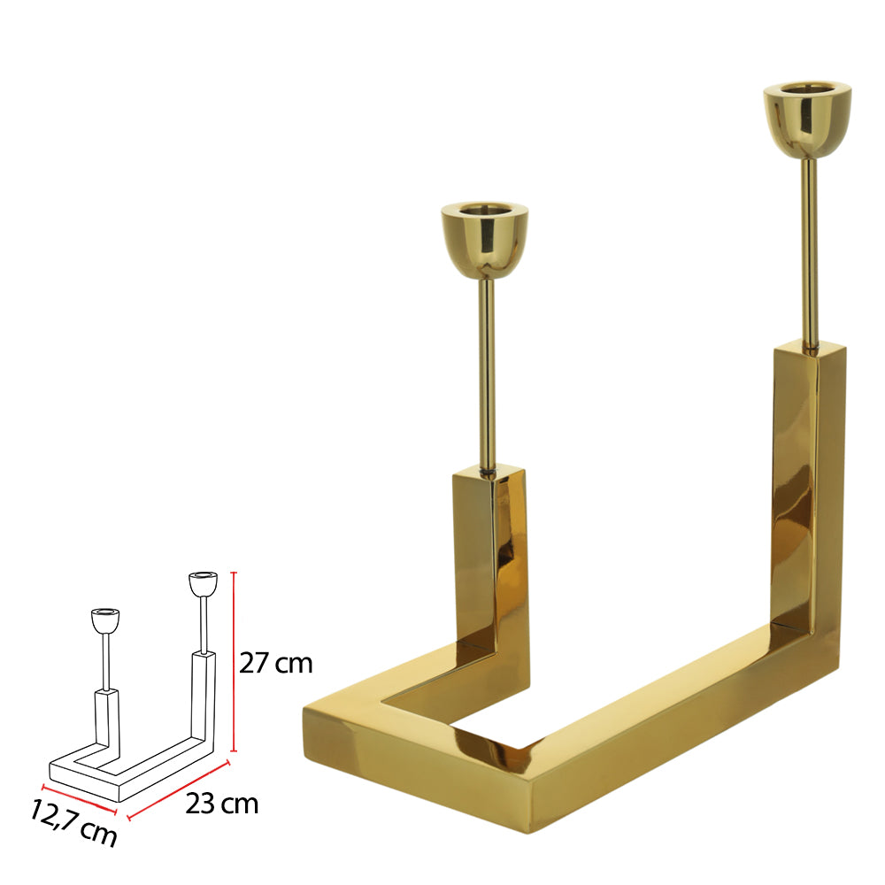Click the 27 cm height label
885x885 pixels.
[276, 663]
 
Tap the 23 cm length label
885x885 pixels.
[221, 804]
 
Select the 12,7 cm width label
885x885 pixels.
[73, 821]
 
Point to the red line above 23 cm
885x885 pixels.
[179, 787]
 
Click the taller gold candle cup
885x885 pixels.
[807, 120]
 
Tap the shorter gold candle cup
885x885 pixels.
[485, 241]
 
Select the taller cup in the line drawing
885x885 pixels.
[202, 584]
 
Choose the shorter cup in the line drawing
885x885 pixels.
[105, 619]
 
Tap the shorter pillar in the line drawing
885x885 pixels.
[106, 721]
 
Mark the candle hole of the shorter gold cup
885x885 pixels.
[485, 211]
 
